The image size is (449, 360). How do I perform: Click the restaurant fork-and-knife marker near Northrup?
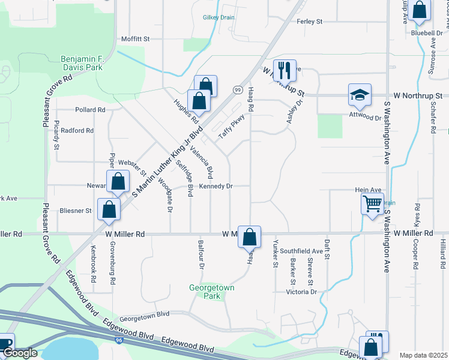point(285,70)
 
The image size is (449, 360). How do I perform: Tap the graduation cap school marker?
point(360,95)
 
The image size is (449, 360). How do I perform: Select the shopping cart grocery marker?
point(372,204)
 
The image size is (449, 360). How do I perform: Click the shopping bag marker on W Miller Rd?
point(249,236)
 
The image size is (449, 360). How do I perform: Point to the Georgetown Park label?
point(211,292)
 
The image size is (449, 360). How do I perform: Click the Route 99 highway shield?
point(238,89)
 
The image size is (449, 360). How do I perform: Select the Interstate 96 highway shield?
point(118,340)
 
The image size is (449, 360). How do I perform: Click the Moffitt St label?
point(134,38)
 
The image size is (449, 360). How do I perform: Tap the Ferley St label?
point(310,22)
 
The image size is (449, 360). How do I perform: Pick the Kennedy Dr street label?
point(215,187)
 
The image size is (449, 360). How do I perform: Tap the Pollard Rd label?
point(90,110)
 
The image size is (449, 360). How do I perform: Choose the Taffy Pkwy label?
point(232,127)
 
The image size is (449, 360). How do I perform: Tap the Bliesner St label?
point(76,211)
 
